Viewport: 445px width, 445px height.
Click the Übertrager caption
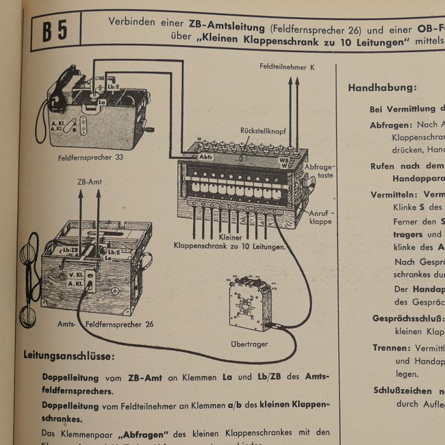tap(249, 344)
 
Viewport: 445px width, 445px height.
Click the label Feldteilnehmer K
tap(288, 68)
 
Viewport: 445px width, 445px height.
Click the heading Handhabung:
tap(382, 88)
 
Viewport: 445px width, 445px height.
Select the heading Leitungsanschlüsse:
tap(69, 356)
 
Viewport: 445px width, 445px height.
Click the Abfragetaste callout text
tap(319, 171)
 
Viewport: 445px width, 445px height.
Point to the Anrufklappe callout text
tap(320, 218)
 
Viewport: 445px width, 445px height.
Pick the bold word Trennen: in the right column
tap(390, 348)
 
